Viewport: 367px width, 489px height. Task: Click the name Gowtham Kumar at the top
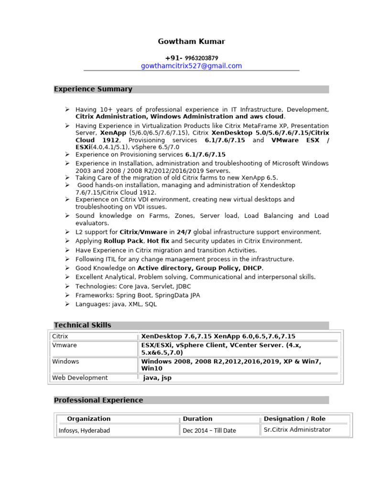(x=191, y=42)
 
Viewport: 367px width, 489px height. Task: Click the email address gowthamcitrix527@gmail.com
(x=191, y=66)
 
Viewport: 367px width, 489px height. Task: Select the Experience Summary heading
(x=93, y=89)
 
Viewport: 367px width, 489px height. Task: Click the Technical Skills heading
(x=82, y=325)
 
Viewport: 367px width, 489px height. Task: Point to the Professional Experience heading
(x=98, y=400)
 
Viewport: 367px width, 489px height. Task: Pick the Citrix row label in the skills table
(x=60, y=336)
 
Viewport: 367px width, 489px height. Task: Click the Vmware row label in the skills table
(x=65, y=345)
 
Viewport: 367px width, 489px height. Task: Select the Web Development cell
(x=80, y=378)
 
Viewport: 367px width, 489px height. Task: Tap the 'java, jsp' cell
(x=157, y=378)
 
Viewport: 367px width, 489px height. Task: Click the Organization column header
(x=88, y=419)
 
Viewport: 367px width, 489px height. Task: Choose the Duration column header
(x=197, y=419)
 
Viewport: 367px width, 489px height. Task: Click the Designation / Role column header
(x=294, y=419)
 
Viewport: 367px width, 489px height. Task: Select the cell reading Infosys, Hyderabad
(x=84, y=430)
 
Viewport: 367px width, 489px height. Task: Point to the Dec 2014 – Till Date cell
(x=209, y=430)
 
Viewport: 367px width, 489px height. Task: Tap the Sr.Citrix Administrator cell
(x=297, y=430)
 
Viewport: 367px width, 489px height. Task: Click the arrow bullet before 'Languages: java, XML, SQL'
(x=68, y=304)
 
